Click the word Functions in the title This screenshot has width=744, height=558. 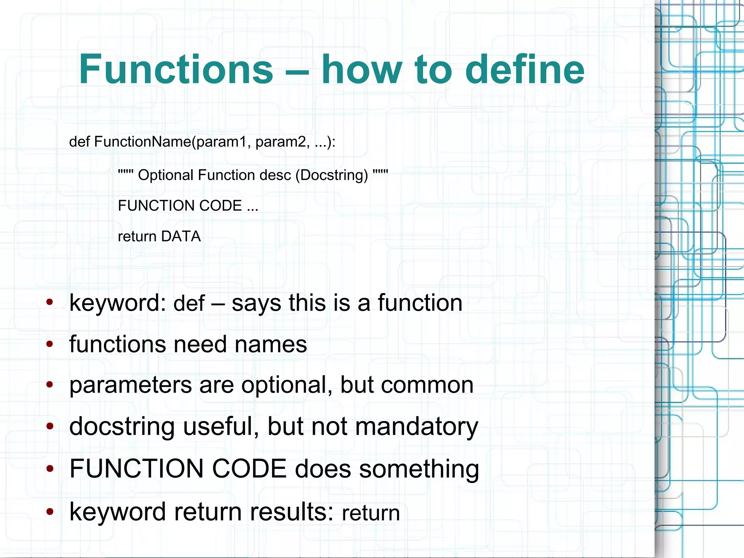coord(176,69)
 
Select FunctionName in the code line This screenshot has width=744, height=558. coord(142,141)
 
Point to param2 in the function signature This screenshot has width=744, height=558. coord(283,141)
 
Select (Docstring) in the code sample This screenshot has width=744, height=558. coord(332,175)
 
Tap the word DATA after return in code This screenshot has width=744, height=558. coord(181,236)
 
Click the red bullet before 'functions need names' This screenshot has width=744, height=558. coord(50,344)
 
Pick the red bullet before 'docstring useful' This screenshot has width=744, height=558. coord(50,426)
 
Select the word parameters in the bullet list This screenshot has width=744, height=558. coord(130,385)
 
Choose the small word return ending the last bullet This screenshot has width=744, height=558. coord(371,513)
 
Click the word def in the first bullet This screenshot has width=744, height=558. coord(189,303)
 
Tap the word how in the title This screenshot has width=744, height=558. coord(362,69)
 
